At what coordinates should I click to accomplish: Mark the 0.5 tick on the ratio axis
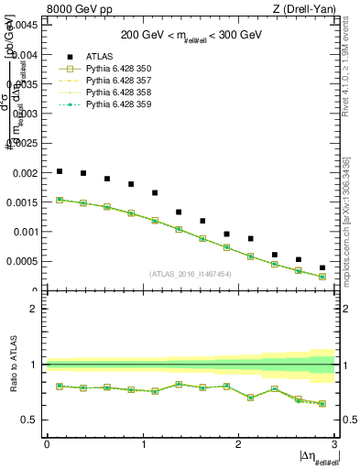click(x=31, y=420)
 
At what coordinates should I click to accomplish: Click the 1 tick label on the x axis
click(x=142, y=445)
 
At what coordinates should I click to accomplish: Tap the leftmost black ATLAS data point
click(x=60, y=171)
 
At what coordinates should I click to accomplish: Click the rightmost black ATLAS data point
click(x=322, y=267)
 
